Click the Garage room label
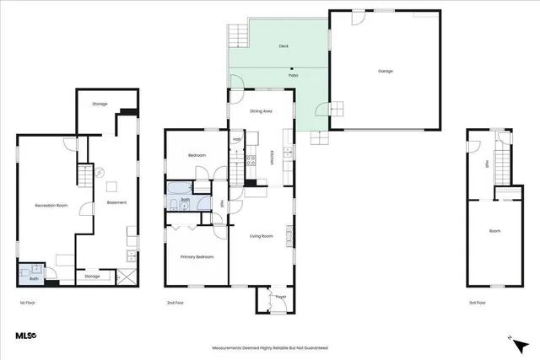[385, 72]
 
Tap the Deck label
[283, 47]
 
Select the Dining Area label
[261, 111]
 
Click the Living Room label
[261, 236]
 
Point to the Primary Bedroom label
[197, 256]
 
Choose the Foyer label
[281, 297]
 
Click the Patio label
[293, 76]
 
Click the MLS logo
[26, 336]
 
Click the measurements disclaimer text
[269, 347]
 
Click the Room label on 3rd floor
[494, 230]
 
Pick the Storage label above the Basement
[100, 104]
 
